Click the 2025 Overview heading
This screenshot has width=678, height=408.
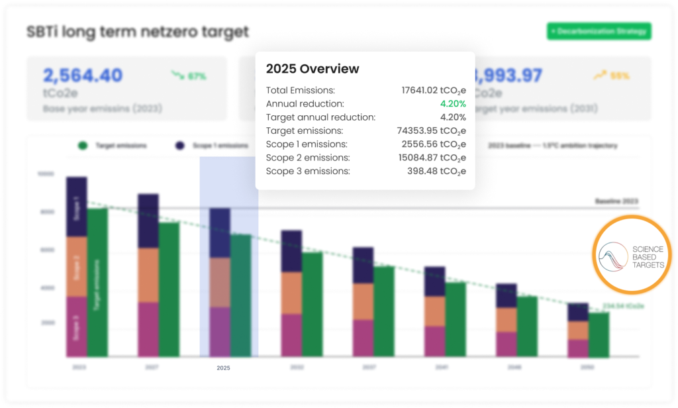pos(313,69)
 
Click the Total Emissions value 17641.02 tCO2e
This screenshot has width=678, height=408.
pos(433,90)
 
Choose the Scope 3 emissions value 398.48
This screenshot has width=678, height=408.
pos(436,171)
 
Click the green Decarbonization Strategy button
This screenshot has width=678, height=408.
pos(599,31)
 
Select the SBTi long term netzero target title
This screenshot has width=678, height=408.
pos(137,31)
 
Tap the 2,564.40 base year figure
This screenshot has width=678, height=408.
pos(83,76)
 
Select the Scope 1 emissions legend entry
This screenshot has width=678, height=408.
pos(212,145)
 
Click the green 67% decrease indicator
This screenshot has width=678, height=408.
pos(189,76)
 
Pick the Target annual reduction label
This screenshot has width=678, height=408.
pos(320,117)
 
